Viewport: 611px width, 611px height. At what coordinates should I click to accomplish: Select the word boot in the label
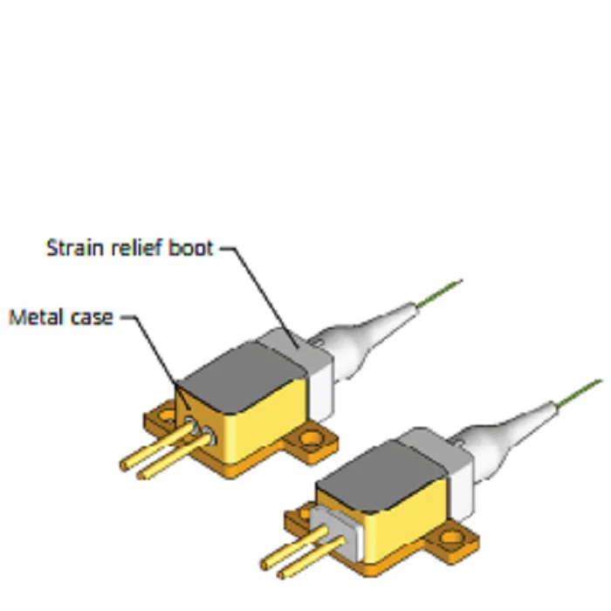[190, 248]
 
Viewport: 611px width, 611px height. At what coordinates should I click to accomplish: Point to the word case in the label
[92, 317]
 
